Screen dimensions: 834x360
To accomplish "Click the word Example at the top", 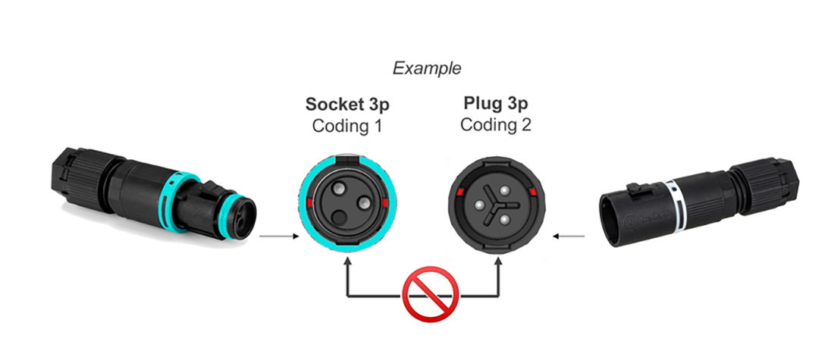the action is [x=427, y=69].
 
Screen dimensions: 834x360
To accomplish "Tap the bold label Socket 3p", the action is [x=347, y=105].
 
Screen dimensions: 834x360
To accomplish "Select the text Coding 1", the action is [x=347, y=126].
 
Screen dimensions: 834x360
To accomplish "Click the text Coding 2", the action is [x=496, y=125].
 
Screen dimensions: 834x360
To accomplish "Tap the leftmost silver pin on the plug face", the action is [x=479, y=205].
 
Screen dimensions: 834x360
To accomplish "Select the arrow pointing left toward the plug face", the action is [x=569, y=236].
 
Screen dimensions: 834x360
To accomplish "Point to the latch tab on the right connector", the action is [x=635, y=189].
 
